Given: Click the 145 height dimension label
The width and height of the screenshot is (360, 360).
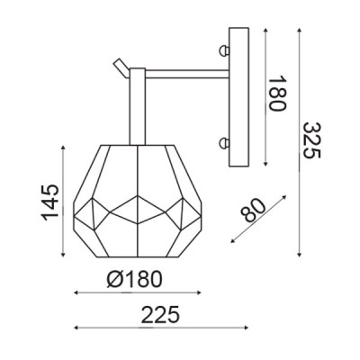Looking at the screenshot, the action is pyautogui.click(x=50, y=202).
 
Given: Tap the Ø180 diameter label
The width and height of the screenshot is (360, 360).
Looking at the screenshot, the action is pyautogui.click(x=134, y=279).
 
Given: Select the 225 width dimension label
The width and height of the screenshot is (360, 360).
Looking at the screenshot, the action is pyautogui.click(x=160, y=315).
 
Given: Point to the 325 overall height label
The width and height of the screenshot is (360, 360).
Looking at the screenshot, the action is pyautogui.click(x=311, y=140).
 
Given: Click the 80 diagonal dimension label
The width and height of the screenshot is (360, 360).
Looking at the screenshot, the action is pyautogui.click(x=254, y=211).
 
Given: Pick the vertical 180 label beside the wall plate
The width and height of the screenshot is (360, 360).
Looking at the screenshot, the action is pyautogui.click(x=277, y=94).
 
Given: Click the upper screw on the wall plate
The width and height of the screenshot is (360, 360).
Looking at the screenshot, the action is pyautogui.click(x=224, y=50).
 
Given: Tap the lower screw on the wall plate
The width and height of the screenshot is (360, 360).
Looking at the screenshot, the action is pyautogui.click(x=224, y=142).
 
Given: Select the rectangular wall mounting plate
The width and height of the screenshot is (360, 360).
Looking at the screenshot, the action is pyautogui.click(x=238, y=97).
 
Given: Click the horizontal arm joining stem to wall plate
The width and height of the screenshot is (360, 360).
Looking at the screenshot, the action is pyautogui.click(x=187, y=74).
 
